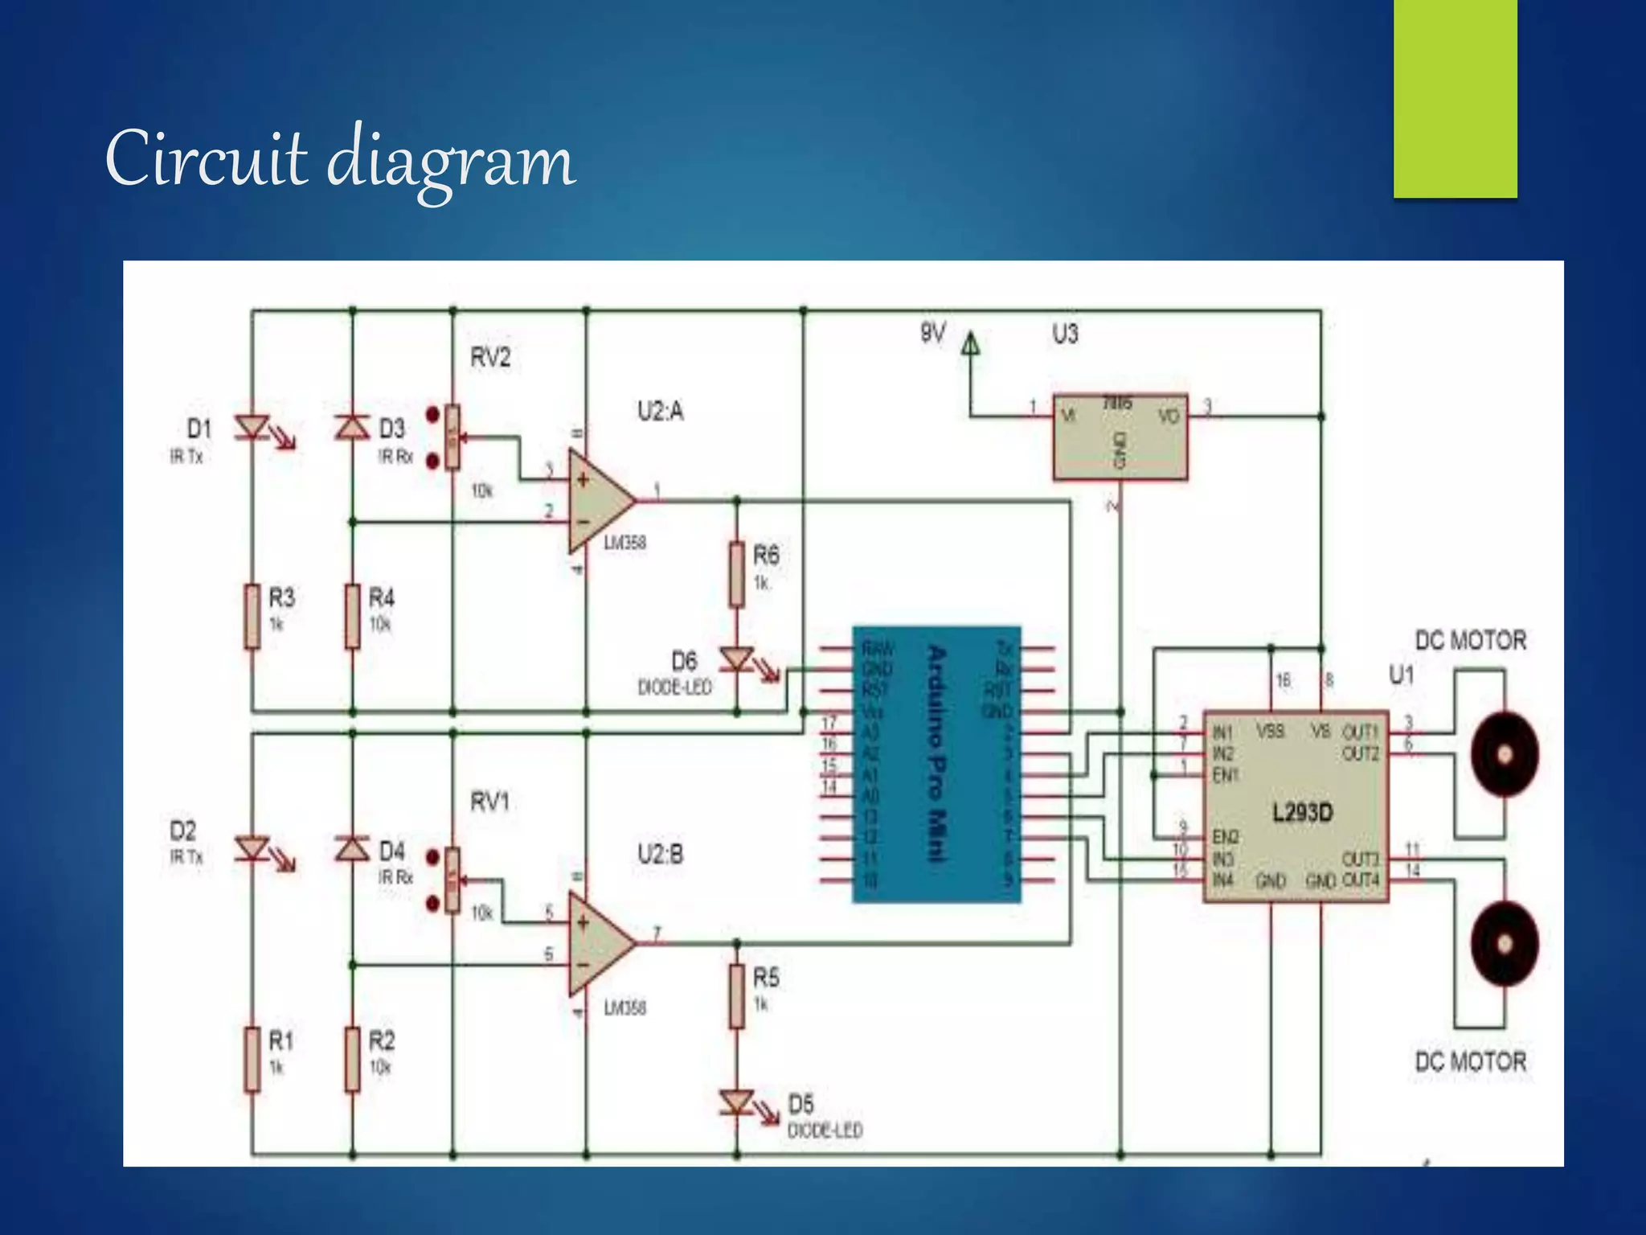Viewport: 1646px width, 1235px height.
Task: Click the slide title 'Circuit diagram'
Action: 340,158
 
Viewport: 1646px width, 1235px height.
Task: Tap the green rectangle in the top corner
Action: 1455,98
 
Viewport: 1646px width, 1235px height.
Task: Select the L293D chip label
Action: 1302,812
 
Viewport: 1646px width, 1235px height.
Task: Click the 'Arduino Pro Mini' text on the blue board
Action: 936,753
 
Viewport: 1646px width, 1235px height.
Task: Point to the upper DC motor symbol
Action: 1505,754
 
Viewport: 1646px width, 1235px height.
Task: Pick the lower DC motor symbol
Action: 1505,943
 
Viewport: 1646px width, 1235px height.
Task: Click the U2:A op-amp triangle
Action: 600,501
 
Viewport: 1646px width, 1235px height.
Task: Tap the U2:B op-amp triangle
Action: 600,943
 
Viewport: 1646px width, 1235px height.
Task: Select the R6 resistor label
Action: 766,555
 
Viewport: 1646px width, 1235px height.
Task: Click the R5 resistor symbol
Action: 737,996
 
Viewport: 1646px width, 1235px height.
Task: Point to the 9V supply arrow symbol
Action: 971,343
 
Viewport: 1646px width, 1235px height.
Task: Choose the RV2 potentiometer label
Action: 490,357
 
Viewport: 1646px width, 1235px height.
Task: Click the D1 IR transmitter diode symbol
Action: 252,427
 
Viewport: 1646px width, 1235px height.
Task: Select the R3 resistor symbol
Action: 252,616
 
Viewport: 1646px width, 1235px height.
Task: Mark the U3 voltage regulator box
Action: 1120,437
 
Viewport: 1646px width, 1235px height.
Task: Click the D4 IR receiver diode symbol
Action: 352,848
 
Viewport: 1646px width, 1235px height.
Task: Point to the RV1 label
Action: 490,802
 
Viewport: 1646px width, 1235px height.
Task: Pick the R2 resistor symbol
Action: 352,1059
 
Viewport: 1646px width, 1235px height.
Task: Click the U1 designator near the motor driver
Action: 1402,675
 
